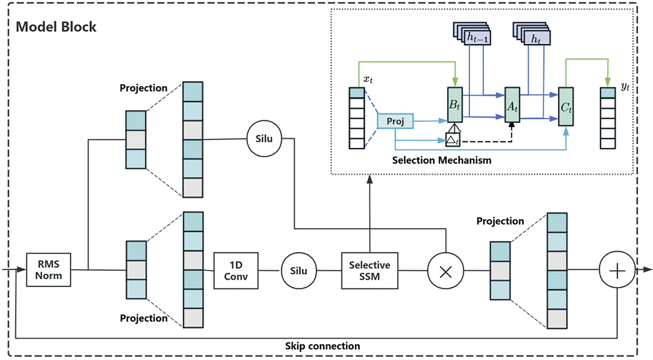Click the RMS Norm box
(48, 270)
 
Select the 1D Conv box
(236, 271)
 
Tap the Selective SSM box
(369, 271)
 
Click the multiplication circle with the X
(445, 272)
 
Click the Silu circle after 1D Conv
(298, 271)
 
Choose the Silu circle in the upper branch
(264, 139)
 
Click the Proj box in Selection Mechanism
(395, 121)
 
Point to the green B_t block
(455, 105)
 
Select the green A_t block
(512, 105)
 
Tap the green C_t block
(566, 107)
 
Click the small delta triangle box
(453, 140)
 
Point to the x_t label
(368, 79)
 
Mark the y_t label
(625, 86)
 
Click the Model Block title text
(56, 27)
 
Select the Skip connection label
(322, 346)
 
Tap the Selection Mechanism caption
(442, 160)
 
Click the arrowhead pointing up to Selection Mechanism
(369, 179)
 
